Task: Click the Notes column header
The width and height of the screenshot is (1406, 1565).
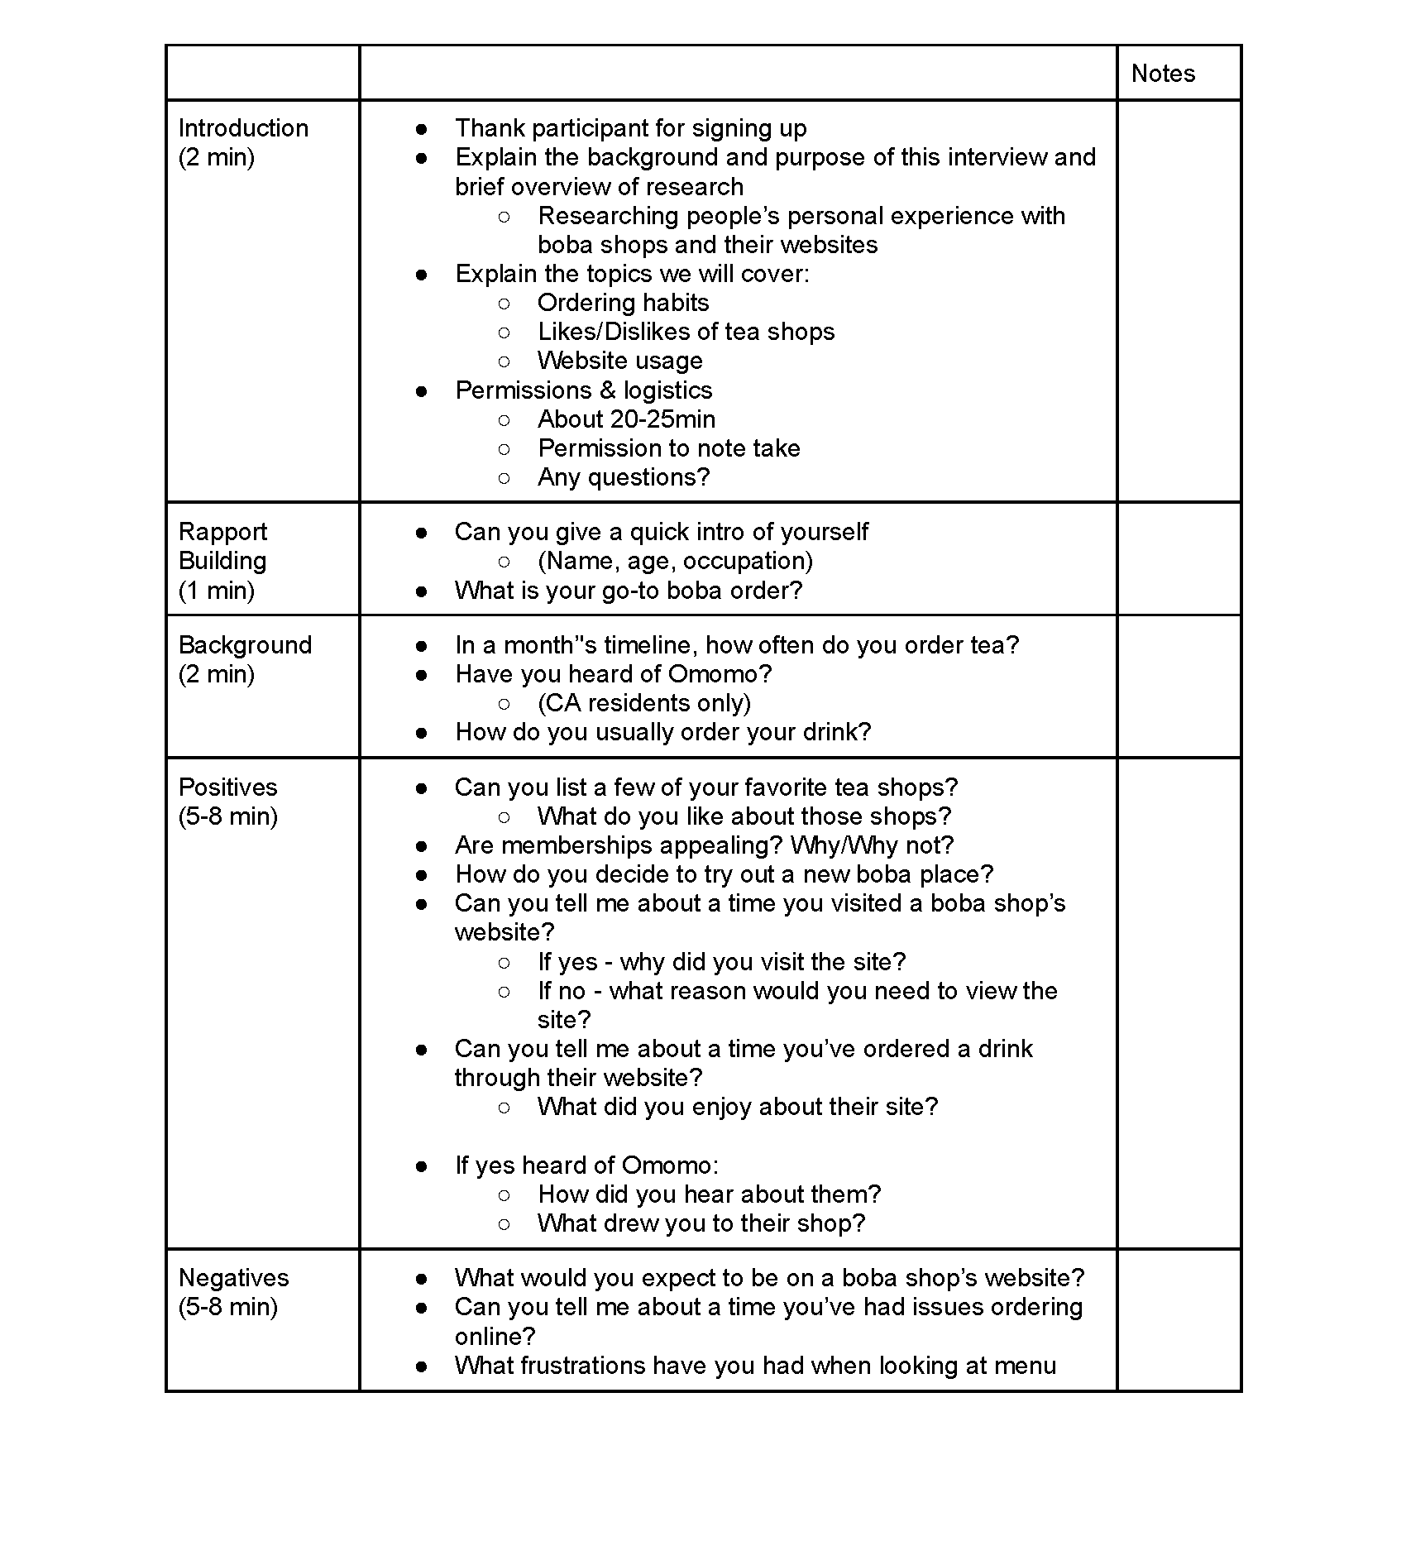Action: pyautogui.click(x=1163, y=74)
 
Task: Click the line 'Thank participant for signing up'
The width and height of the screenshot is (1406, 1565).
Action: pyautogui.click(x=630, y=128)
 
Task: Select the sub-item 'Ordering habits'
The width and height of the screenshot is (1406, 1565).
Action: pyautogui.click(x=623, y=303)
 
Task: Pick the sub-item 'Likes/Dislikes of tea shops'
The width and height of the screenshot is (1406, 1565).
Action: pyautogui.click(x=686, y=332)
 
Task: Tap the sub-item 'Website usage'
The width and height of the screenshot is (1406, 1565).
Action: pyautogui.click(x=619, y=361)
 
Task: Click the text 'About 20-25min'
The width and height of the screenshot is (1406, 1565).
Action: pyautogui.click(x=626, y=419)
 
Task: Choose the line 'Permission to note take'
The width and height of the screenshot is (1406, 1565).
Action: pyautogui.click(x=668, y=448)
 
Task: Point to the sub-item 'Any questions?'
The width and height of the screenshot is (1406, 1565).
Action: pyautogui.click(x=624, y=477)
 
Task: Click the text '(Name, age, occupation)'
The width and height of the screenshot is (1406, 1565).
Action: pyautogui.click(x=675, y=561)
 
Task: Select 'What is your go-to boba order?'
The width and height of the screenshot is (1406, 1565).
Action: pyautogui.click(x=629, y=591)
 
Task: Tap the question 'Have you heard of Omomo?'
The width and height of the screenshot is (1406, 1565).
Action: pyautogui.click(x=613, y=674)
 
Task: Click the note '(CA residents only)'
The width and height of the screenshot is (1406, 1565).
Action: pyautogui.click(x=644, y=703)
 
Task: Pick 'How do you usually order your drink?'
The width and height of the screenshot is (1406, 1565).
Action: pyautogui.click(x=662, y=732)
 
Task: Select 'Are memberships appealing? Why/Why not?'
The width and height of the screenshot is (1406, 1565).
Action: pyautogui.click(x=704, y=845)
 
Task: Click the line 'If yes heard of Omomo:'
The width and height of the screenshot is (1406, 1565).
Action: pyautogui.click(x=586, y=1165)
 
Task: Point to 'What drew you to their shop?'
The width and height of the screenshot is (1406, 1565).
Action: pyautogui.click(x=701, y=1223)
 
